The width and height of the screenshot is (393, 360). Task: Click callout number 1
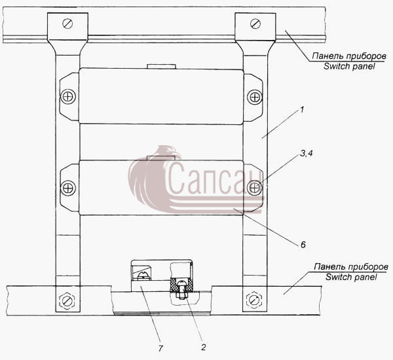(x=302, y=110)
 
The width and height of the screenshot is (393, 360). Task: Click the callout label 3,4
(x=307, y=154)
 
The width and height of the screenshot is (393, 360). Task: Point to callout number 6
(x=303, y=245)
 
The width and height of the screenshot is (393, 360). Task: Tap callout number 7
(x=160, y=348)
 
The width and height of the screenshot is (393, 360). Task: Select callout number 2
(x=203, y=347)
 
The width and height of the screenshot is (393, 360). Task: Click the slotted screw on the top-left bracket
(x=67, y=24)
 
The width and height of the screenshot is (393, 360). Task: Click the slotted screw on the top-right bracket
(x=255, y=24)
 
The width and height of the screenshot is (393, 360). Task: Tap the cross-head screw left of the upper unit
(x=68, y=96)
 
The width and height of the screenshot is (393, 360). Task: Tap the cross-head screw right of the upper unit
(x=255, y=97)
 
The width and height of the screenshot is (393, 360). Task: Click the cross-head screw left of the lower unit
(x=68, y=188)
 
